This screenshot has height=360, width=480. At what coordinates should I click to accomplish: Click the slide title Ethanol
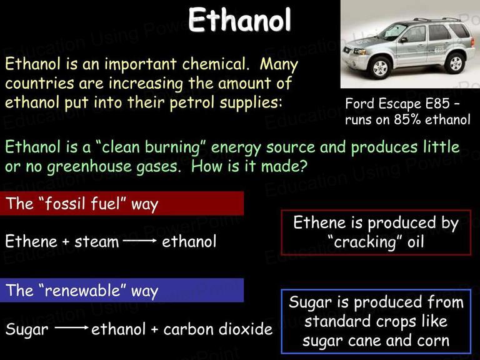point(239,19)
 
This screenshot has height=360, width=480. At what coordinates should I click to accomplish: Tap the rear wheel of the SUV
point(455,63)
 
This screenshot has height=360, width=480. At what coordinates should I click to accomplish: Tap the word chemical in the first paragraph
point(214,64)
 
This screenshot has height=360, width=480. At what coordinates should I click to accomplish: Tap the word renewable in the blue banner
point(82,290)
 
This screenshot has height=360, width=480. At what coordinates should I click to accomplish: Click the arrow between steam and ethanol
point(140,241)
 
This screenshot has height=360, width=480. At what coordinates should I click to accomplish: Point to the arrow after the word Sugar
point(72,328)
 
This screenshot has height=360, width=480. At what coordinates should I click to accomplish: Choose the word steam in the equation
point(97,241)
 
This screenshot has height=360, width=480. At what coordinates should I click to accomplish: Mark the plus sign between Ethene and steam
point(66,242)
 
